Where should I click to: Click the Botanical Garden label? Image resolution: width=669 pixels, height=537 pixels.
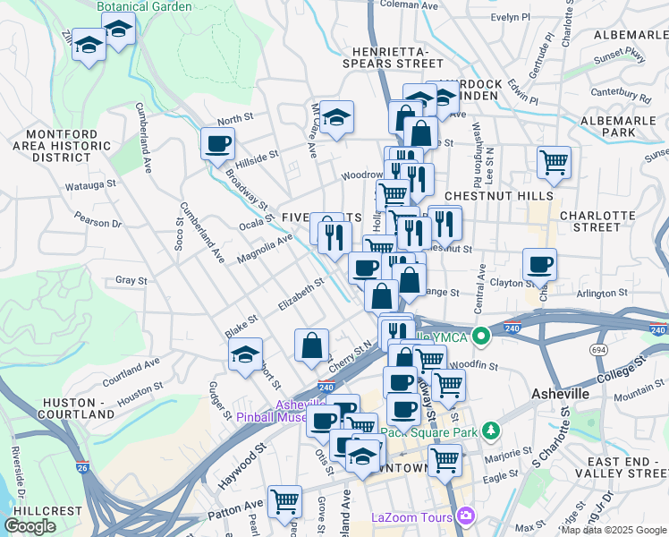click(x=144, y=6)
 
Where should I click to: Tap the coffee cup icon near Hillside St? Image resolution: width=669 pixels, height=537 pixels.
click(x=217, y=142)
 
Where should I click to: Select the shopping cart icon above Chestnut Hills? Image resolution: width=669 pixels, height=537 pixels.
click(x=555, y=162)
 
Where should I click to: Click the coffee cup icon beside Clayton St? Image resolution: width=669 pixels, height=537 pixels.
click(x=539, y=264)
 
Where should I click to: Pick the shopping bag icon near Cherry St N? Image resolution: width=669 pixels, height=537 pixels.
click(x=311, y=345)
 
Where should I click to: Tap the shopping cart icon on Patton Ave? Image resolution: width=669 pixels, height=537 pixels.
click(x=284, y=501)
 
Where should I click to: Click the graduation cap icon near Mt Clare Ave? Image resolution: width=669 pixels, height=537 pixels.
click(x=336, y=116)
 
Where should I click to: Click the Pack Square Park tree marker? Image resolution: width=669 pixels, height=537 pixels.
click(x=490, y=431)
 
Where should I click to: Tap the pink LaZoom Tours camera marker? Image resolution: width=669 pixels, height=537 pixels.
click(x=464, y=516)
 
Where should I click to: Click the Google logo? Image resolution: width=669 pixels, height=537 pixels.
click(x=30, y=526)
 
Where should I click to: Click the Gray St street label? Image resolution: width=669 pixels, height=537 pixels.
click(x=131, y=280)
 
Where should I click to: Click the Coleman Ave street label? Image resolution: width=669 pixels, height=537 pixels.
click(x=409, y=5)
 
